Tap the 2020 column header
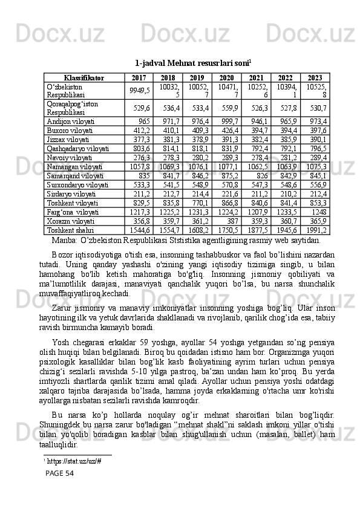226,78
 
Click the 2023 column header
315,78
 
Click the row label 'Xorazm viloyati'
69,221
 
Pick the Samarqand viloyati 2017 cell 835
144,176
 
